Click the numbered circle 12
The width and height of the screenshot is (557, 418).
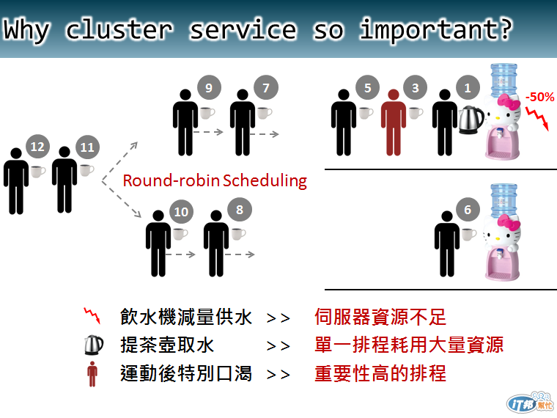tap(37, 147)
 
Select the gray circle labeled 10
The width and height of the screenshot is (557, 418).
tap(181, 212)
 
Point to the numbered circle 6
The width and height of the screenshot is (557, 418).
tap(468, 210)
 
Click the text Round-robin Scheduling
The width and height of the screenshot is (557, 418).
tap(215, 180)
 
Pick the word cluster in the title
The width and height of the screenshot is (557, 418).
tap(119, 30)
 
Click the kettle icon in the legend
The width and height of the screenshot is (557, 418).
tap(92, 345)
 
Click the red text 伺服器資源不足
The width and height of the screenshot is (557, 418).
tap(380, 317)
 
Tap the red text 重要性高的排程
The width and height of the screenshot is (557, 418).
tap(380, 373)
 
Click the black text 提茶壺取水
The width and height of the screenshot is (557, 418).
tap(167, 345)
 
